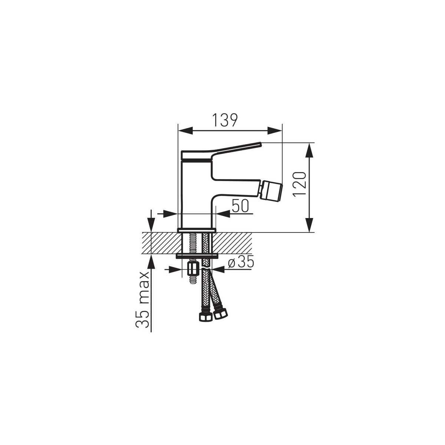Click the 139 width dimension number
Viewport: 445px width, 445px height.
tap(225, 120)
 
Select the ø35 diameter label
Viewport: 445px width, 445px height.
tap(241, 262)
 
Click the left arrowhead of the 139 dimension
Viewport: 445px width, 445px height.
tap(186, 131)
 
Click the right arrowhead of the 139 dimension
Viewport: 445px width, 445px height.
tap(274, 131)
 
